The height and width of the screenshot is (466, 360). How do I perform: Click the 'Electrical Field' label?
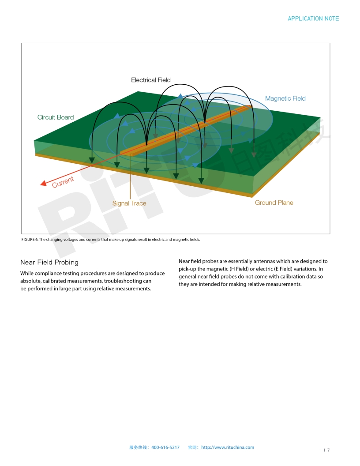(150, 80)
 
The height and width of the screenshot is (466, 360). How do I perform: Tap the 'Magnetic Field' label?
(285, 98)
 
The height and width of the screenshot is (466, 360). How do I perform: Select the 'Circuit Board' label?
(56, 117)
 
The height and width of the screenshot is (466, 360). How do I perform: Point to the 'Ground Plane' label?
(274, 203)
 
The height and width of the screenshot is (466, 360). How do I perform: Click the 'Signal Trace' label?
(129, 203)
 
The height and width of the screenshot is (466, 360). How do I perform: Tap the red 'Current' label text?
(63, 182)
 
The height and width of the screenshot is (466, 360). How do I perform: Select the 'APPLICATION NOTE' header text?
(313, 19)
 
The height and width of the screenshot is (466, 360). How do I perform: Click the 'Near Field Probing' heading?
(49, 263)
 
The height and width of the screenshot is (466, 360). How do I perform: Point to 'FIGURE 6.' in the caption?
(30, 240)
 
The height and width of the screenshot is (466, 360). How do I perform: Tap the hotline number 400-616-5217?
(165, 447)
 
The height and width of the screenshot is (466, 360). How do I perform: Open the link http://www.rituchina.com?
(228, 447)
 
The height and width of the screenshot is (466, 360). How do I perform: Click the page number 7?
(328, 450)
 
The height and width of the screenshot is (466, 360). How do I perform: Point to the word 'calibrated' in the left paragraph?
(54, 281)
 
